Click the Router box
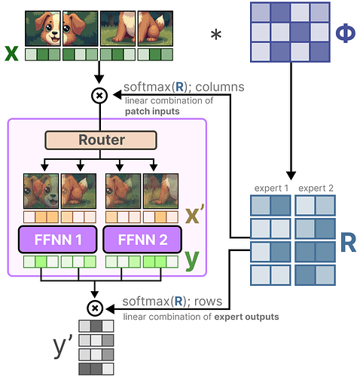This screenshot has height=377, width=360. click(101, 140)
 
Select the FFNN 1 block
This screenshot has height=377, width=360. click(58, 240)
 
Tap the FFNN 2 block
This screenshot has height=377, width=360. click(142, 240)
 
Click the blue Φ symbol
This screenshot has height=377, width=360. click(346, 33)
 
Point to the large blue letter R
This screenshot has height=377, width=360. click(348, 242)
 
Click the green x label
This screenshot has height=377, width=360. click(11, 54)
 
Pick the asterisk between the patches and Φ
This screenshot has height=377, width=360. click(216, 35)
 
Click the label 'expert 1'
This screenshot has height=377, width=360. click(271, 188)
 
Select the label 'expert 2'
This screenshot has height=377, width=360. click(316, 188)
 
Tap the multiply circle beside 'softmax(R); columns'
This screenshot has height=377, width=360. click(99, 96)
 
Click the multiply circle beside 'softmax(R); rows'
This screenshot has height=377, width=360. click(95, 308)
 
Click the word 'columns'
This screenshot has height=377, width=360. click(220, 87)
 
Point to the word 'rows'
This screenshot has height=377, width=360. click(208, 302)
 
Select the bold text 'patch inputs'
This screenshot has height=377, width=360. click(152, 112)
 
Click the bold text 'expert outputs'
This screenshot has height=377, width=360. click(246, 317)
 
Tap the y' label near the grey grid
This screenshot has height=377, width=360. click(63, 348)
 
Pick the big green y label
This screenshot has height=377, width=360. click(192, 260)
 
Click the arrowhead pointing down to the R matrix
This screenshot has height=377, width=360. click(291, 176)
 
